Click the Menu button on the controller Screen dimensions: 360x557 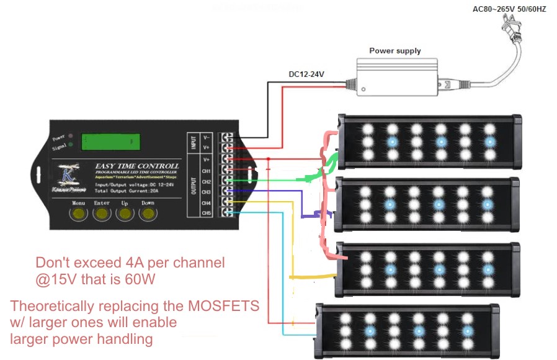78,214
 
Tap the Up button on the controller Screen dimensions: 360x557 125,214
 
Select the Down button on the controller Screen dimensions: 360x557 148,214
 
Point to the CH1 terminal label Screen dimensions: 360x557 207,170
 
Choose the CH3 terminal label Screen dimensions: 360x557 207,192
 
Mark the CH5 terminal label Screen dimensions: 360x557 207,214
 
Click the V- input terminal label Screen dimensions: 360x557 207,137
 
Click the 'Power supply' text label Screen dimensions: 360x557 394,51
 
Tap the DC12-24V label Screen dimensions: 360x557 306,74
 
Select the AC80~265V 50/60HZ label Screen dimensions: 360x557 509,10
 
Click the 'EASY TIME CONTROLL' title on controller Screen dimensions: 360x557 137,166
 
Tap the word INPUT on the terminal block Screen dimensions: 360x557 193,142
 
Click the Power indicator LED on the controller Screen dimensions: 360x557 72,135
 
